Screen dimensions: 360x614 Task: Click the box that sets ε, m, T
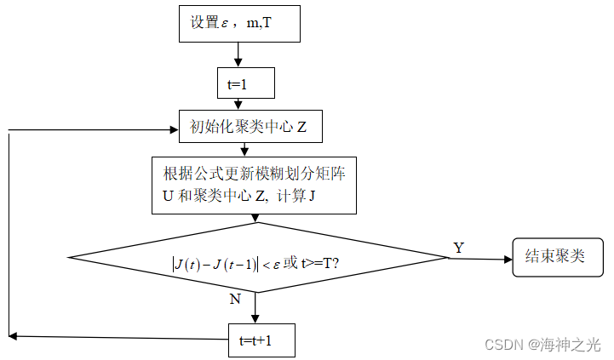(x=239, y=23)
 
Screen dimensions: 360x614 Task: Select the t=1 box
(x=245, y=83)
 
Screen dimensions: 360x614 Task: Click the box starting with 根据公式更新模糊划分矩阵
(x=254, y=185)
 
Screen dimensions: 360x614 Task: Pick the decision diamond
(x=257, y=259)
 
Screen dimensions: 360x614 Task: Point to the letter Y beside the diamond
(x=459, y=247)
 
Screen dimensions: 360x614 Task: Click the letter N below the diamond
(x=234, y=300)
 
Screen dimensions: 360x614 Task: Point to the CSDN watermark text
(x=542, y=344)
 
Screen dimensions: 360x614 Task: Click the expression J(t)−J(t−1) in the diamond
(x=214, y=264)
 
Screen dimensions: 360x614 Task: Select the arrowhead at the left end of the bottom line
(x=13, y=337)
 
